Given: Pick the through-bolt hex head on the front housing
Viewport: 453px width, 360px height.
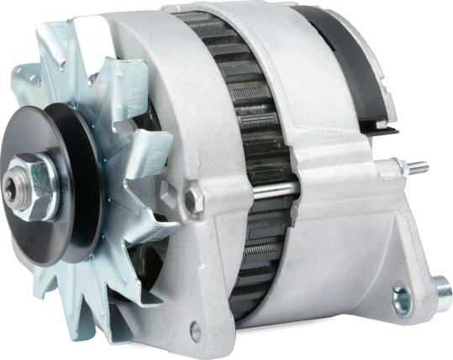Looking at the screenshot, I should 192,199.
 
